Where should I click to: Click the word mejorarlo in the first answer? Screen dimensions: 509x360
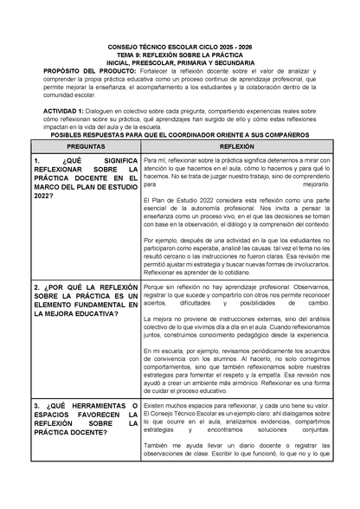[x=315, y=184]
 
